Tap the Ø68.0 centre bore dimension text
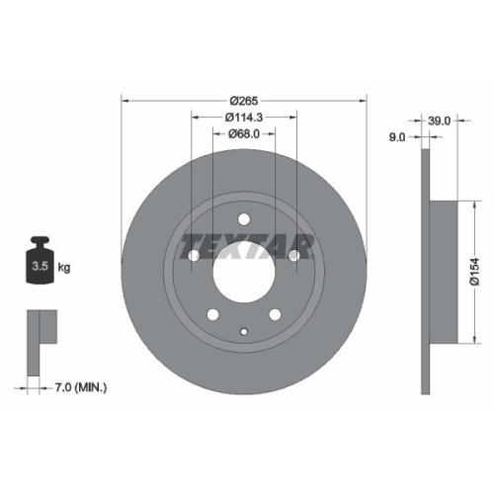(x=243, y=133)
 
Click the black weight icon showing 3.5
(x=40, y=261)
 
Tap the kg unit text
(x=64, y=268)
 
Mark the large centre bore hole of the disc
(x=243, y=271)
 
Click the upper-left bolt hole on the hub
(x=193, y=256)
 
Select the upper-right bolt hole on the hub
(x=294, y=256)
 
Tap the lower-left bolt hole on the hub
(x=212, y=315)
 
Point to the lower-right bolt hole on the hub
(x=275, y=315)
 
